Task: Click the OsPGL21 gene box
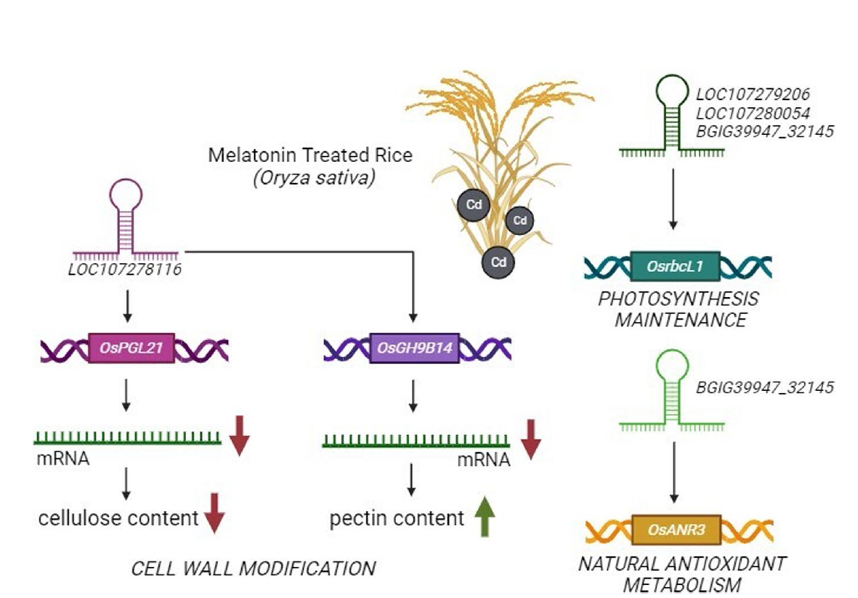click(x=131, y=348)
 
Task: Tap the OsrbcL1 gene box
click(x=674, y=266)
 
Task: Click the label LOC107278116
click(x=125, y=270)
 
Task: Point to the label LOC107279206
click(x=753, y=95)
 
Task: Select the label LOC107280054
click(x=753, y=113)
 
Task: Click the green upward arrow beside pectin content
click(x=484, y=517)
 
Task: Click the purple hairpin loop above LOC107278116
click(x=126, y=196)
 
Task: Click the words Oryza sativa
click(x=313, y=178)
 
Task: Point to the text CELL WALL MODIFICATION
click(x=253, y=568)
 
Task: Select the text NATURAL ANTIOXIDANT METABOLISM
click(x=682, y=573)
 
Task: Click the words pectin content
click(x=396, y=518)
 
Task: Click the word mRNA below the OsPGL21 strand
click(x=63, y=458)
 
